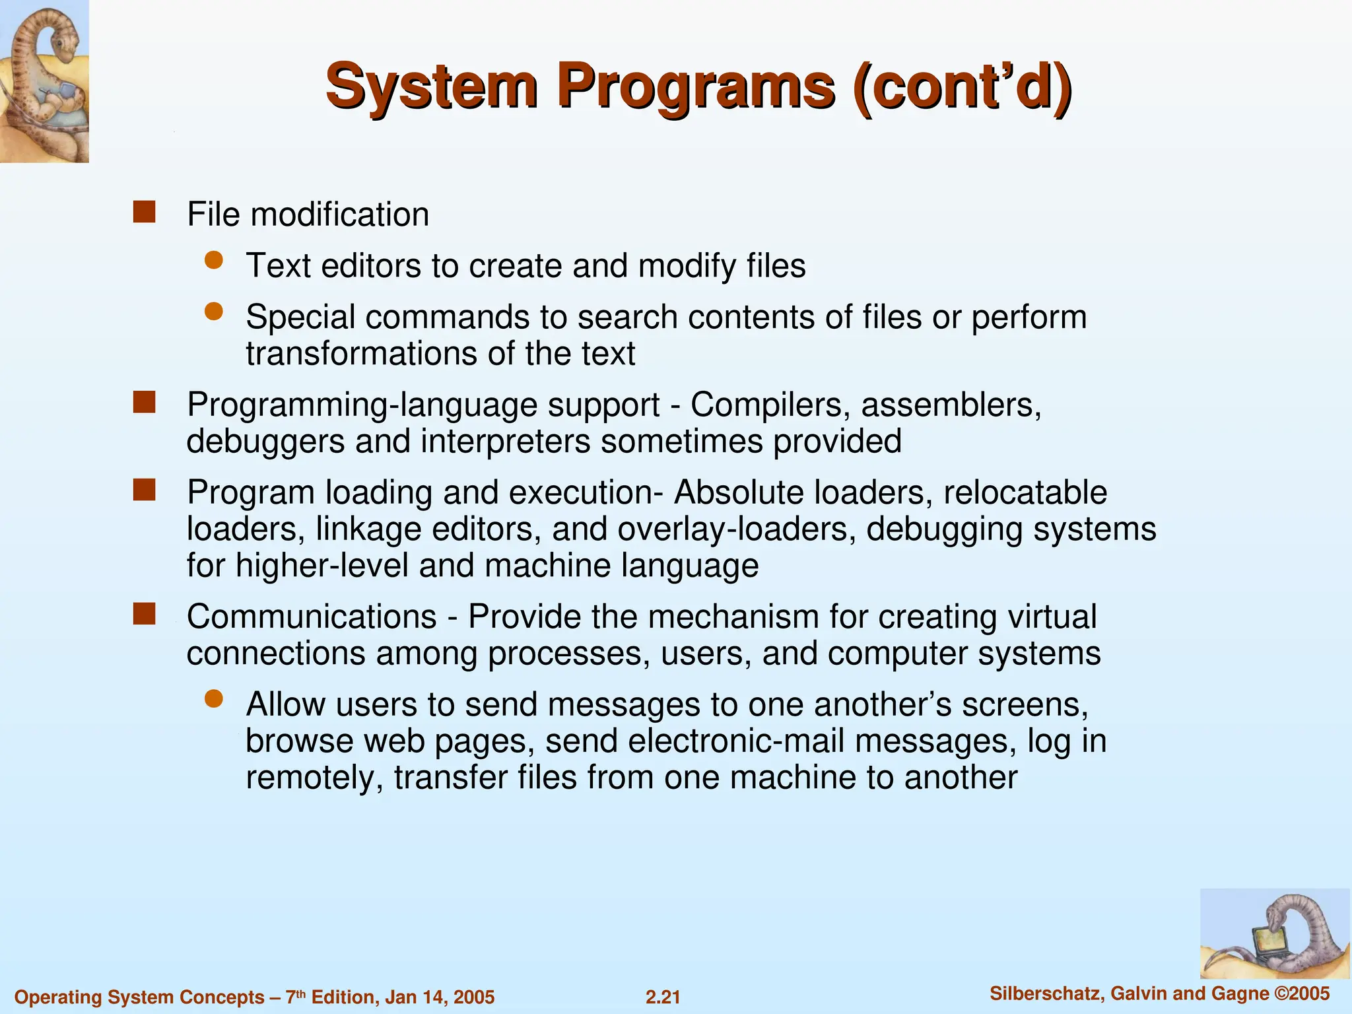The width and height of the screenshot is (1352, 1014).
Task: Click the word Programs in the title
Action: click(696, 87)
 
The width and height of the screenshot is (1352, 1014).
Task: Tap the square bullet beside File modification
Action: click(144, 213)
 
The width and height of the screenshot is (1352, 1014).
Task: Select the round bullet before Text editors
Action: click(214, 260)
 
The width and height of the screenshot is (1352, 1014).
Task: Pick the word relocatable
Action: click(1025, 492)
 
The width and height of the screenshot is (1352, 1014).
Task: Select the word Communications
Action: click(312, 617)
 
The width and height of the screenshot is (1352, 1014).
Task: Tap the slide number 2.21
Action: click(663, 997)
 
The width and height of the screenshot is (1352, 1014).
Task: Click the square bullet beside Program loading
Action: click(144, 490)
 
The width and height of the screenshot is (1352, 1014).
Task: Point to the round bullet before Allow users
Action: click(214, 699)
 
